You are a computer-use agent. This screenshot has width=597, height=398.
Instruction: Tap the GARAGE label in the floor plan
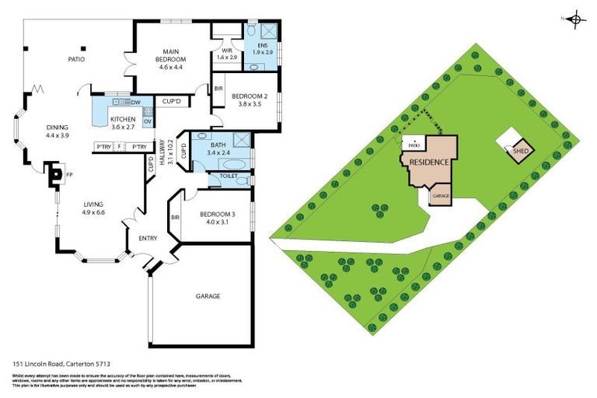point(208,296)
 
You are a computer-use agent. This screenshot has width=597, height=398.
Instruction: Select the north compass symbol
point(575,19)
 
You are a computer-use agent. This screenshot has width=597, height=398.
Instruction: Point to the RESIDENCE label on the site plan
point(429,163)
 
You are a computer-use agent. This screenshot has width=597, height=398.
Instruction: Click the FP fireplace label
point(69,174)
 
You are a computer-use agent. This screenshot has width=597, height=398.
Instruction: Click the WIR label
point(227,51)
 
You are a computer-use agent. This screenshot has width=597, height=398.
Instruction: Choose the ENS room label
point(261,45)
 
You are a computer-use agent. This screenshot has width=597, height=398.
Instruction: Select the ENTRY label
point(148,239)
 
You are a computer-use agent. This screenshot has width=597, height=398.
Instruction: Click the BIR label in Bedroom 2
point(218,90)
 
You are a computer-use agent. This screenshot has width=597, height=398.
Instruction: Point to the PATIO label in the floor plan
point(76,59)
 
